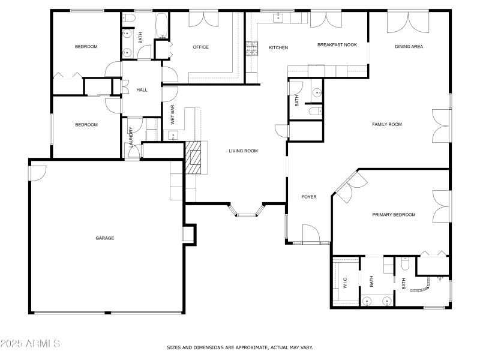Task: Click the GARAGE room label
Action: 104,238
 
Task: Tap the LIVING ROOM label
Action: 243,151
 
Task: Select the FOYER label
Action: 308,197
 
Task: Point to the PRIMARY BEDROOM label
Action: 394,215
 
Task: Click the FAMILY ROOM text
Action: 387,125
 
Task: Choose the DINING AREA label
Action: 409,47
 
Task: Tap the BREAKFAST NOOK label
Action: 337,45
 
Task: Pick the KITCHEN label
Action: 278,48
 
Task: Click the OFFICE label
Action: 200,47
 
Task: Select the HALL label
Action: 142,91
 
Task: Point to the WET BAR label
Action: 172,115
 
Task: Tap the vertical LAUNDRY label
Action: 131,138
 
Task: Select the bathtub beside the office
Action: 162,25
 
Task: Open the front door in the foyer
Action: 313,234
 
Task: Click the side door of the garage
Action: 37,173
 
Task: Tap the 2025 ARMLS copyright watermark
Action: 30,344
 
